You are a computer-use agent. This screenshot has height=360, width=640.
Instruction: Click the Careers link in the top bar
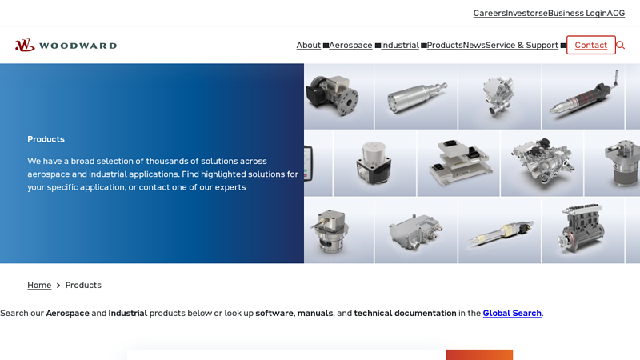click(490, 13)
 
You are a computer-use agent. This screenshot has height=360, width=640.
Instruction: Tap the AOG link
click(616, 13)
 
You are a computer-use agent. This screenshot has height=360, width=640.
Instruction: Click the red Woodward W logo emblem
click(25, 46)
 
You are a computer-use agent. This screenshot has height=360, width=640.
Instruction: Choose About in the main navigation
click(309, 45)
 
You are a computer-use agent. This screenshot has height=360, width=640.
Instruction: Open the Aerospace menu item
click(350, 45)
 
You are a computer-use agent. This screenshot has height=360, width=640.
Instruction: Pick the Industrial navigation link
click(400, 45)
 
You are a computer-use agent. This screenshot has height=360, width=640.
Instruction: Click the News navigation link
click(474, 45)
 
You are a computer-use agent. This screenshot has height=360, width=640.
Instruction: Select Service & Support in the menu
click(522, 45)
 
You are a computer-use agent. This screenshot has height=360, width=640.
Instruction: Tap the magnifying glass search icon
click(621, 46)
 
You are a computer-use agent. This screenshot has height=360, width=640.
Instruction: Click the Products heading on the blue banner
click(46, 139)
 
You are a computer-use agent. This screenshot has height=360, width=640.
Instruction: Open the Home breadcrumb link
click(39, 285)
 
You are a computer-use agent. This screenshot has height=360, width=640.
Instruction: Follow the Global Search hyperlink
click(512, 313)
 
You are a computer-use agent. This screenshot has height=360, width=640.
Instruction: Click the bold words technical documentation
click(405, 313)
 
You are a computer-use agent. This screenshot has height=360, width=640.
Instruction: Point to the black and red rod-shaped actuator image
click(583, 96)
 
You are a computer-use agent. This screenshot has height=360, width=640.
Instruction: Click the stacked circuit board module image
click(458, 163)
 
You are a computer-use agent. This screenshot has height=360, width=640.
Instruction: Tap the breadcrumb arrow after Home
click(58, 286)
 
